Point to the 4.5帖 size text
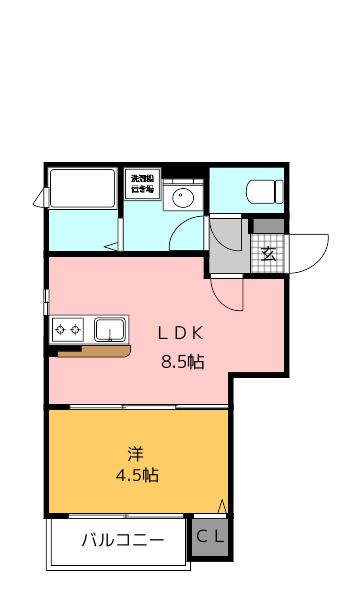point(137,475)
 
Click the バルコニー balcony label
point(122,541)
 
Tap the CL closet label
point(210,537)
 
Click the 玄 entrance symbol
point(268,253)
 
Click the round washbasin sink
point(183,196)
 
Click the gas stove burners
point(68,328)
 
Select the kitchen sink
point(109,328)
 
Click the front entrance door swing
point(308,248)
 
